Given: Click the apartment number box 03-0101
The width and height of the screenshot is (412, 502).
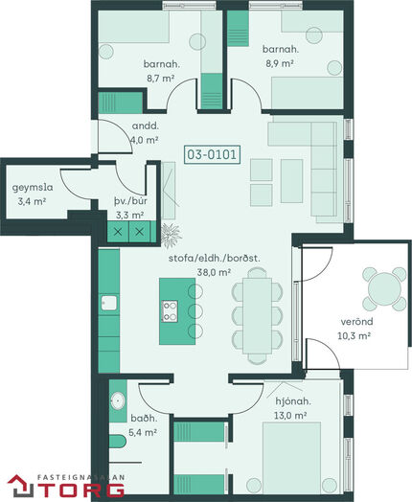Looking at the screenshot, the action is [212, 154].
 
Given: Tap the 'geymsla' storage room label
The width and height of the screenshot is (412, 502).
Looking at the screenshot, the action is [33, 187].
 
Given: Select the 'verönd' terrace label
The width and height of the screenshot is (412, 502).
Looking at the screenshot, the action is [356, 321].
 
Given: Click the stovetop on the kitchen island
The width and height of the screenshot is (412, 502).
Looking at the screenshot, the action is [170, 310].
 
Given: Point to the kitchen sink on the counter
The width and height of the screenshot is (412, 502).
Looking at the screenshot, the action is [109, 303].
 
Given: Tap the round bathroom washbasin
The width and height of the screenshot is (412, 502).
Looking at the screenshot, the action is [118, 400].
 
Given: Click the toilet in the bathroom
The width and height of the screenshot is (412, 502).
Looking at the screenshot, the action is [118, 441].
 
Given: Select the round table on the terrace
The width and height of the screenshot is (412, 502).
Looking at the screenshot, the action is [384, 288].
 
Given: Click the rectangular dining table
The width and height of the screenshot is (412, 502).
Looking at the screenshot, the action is [257, 316].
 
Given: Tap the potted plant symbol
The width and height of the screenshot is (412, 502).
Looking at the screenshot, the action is [171, 235].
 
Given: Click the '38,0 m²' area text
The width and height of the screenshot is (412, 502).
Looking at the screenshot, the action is [215, 272].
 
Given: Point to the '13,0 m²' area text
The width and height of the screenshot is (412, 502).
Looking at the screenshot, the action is [290, 415].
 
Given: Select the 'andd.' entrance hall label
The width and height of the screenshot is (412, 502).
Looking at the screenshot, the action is [146, 125].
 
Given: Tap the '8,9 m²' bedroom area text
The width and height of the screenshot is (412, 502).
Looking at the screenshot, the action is [280, 63].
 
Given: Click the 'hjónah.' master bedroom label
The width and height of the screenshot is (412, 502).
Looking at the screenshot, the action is [293, 401].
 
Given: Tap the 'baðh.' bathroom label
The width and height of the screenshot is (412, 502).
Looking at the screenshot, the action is [144, 418].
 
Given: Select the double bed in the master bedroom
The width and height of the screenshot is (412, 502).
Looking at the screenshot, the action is [291, 458].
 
